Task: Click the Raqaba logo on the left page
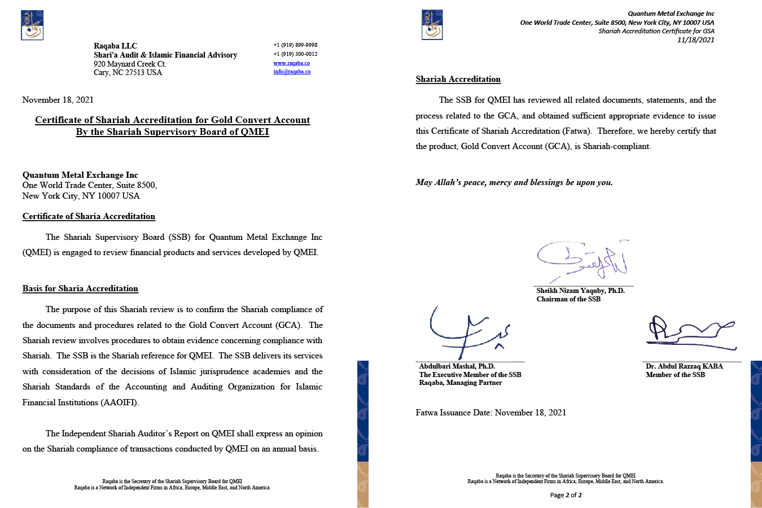tap(32, 25)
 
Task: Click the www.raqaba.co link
tap(291, 63)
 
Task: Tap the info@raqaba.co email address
tap(292, 72)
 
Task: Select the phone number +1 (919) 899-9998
tap(295, 45)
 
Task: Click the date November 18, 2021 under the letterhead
tap(58, 100)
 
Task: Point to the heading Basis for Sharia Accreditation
tap(80, 288)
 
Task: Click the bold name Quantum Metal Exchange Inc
tap(80, 175)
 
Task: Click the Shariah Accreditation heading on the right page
tap(458, 80)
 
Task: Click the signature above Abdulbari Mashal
tap(468, 333)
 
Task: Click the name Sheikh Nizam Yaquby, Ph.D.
tap(580, 291)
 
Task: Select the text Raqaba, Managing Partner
tap(461, 383)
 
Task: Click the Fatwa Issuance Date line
tap(491, 413)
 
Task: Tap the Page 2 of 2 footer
tap(566, 495)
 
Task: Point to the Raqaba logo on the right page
tap(432, 25)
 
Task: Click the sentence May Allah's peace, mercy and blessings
tap(514, 182)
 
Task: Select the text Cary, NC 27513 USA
tap(128, 73)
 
